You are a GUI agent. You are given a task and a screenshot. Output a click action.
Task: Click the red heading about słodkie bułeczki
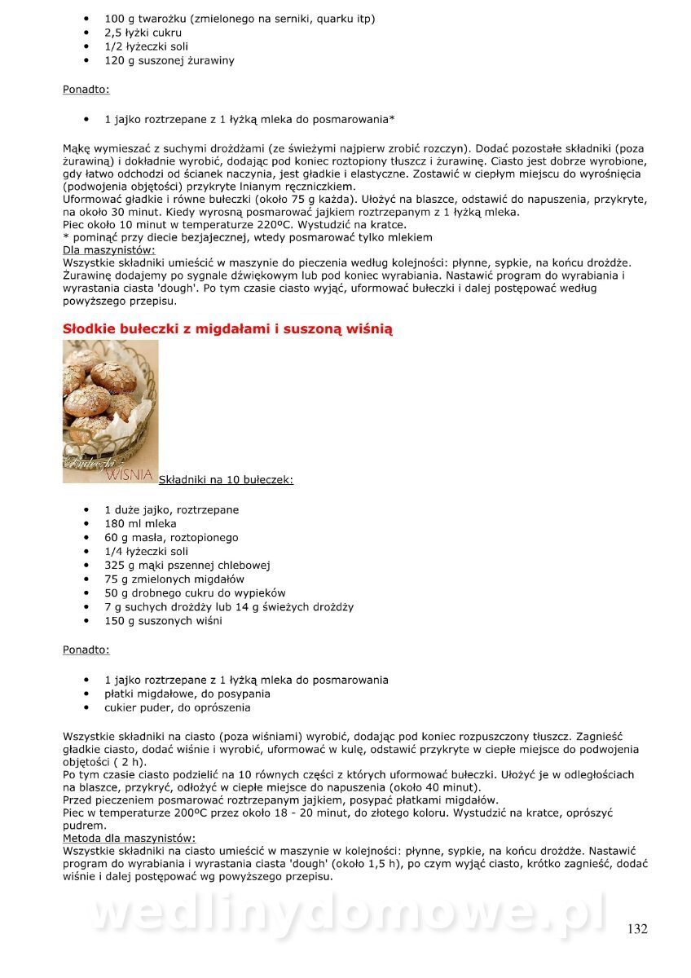tap(227, 329)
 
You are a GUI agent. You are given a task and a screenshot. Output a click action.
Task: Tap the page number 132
tap(637, 929)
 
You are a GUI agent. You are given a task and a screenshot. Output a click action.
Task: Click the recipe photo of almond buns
tap(110, 403)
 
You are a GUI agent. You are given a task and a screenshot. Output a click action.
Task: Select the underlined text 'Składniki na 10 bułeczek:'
tap(226, 480)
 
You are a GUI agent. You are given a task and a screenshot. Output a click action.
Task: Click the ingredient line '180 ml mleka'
tap(140, 524)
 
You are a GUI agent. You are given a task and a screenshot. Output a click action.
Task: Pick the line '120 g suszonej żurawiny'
tap(169, 60)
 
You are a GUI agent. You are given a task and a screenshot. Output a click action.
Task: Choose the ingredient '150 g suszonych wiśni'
tap(163, 621)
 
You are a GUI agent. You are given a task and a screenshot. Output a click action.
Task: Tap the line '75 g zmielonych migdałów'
tap(174, 579)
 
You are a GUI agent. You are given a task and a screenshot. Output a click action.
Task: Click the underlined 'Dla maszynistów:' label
tap(108, 250)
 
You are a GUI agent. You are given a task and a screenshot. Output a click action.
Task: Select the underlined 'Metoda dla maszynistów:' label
tap(129, 838)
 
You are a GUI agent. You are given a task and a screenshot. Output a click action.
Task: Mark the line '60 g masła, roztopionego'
tap(171, 538)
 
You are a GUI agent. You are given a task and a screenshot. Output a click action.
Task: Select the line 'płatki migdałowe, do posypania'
tap(187, 694)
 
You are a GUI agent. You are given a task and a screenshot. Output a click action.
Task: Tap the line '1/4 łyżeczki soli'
tap(146, 552)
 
